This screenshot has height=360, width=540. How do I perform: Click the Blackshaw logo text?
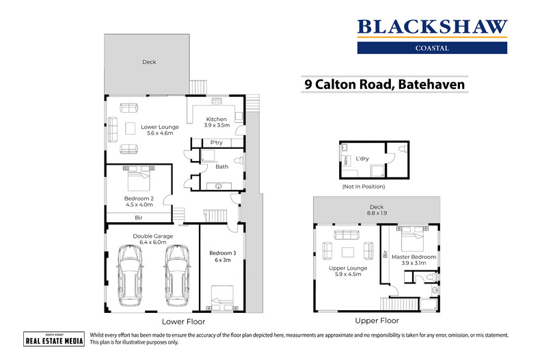click(x=432, y=27)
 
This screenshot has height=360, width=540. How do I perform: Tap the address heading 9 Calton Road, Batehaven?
click(x=385, y=85)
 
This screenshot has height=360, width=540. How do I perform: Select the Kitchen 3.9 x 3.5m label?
click(x=216, y=123)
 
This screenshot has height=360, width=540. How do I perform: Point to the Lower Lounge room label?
click(x=160, y=130)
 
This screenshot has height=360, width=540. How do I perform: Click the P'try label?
click(x=217, y=143)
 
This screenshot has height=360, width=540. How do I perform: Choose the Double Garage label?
click(x=153, y=239)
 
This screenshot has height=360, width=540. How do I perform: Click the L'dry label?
click(x=363, y=158)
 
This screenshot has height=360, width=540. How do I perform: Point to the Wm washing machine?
click(x=346, y=163)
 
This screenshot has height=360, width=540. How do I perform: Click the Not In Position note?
click(x=363, y=186)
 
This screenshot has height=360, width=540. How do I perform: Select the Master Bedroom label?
click(x=414, y=260)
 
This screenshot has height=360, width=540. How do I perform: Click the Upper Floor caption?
click(x=377, y=320)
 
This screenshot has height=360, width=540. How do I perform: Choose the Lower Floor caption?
click(x=183, y=321)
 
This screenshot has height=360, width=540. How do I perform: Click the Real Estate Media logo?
click(x=54, y=341)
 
